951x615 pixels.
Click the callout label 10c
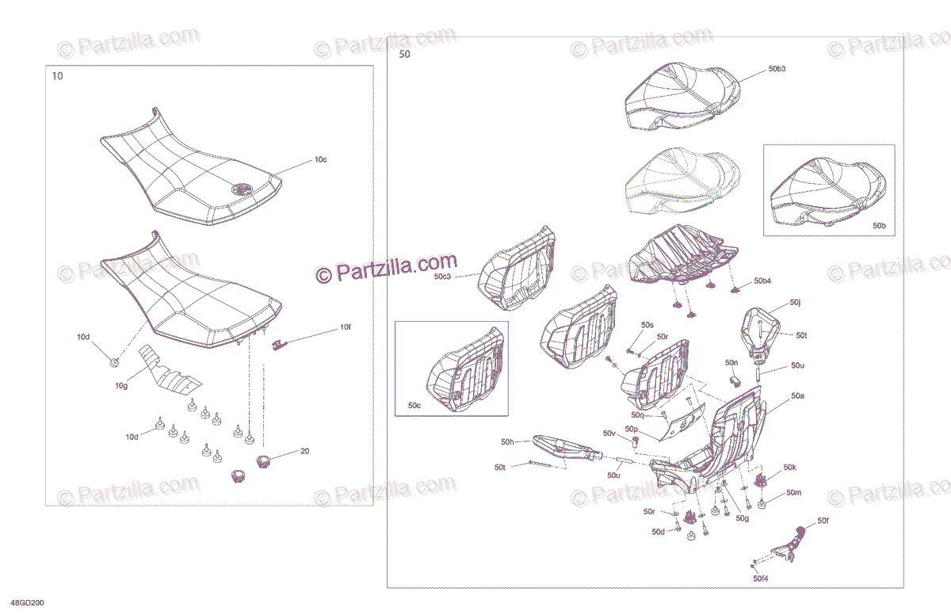pos(320,159)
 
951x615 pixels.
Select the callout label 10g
pos(121,385)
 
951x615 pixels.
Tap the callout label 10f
pos(346,327)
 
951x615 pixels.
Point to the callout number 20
pos(304,451)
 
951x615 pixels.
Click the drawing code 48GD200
pos(27,603)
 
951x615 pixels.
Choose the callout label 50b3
pos(777,69)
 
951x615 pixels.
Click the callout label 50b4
pos(762,281)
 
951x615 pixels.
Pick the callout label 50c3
pos(442,277)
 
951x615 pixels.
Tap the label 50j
pos(795,302)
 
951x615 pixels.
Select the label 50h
pos(507,442)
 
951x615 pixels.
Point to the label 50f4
pos(760,579)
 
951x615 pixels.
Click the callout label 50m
pos(793,492)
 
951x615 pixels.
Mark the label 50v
pos(609,434)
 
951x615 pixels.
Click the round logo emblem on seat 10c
pos(242,189)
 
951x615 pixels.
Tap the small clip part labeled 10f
pos(278,345)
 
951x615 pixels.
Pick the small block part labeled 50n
pos(735,380)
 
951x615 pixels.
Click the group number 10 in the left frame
pos(57,76)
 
